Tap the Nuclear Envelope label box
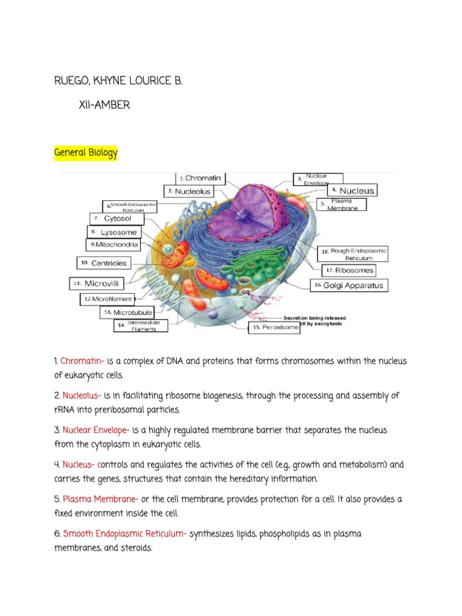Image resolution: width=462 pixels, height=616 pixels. [318, 179]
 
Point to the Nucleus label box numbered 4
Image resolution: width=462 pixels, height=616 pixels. [351, 191]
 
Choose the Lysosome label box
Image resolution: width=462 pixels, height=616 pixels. [114, 232]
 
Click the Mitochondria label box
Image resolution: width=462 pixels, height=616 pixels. [114, 245]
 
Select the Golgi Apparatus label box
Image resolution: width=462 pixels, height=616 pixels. [349, 286]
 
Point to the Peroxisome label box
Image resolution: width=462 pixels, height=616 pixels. [274, 327]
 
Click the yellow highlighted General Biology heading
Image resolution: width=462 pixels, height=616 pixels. [86, 153]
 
